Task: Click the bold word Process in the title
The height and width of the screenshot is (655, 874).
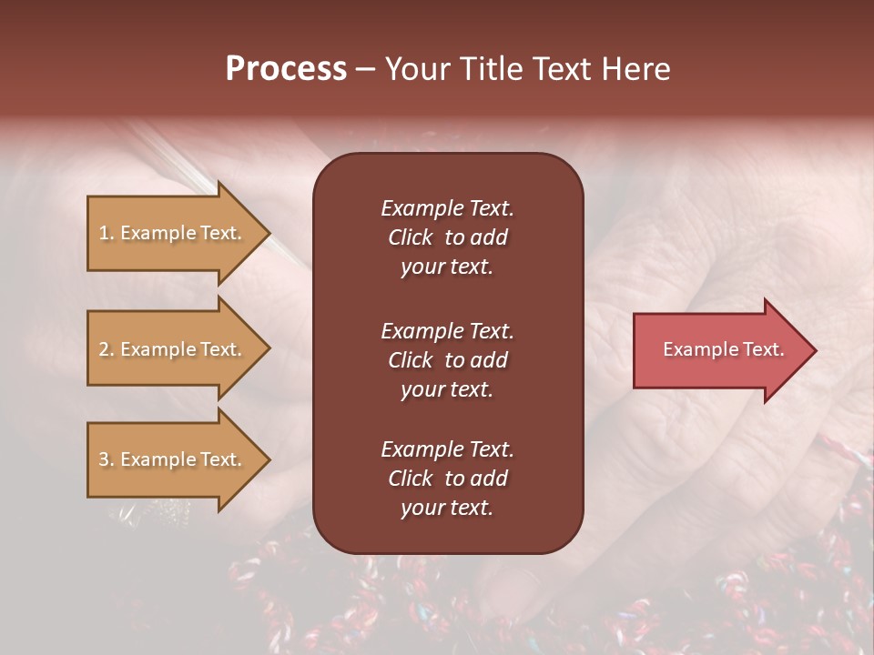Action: click(286, 69)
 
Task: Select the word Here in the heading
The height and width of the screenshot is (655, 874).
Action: click(635, 69)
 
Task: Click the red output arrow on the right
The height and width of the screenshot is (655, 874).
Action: click(719, 350)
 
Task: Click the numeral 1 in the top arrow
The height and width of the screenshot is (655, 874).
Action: click(103, 233)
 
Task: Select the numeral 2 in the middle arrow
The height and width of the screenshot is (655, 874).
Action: click(103, 349)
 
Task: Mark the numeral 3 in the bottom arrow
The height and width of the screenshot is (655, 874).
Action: click(103, 459)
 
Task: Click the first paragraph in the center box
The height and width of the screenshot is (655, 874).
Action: click(447, 237)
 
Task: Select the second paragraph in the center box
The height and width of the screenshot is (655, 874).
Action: click(447, 360)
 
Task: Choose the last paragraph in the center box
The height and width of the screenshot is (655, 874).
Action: click(447, 479)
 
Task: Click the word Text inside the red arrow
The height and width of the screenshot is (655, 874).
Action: click(765, 349)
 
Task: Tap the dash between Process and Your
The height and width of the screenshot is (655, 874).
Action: click(365, 70)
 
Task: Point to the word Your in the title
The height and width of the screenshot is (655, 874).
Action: click(414, 69)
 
